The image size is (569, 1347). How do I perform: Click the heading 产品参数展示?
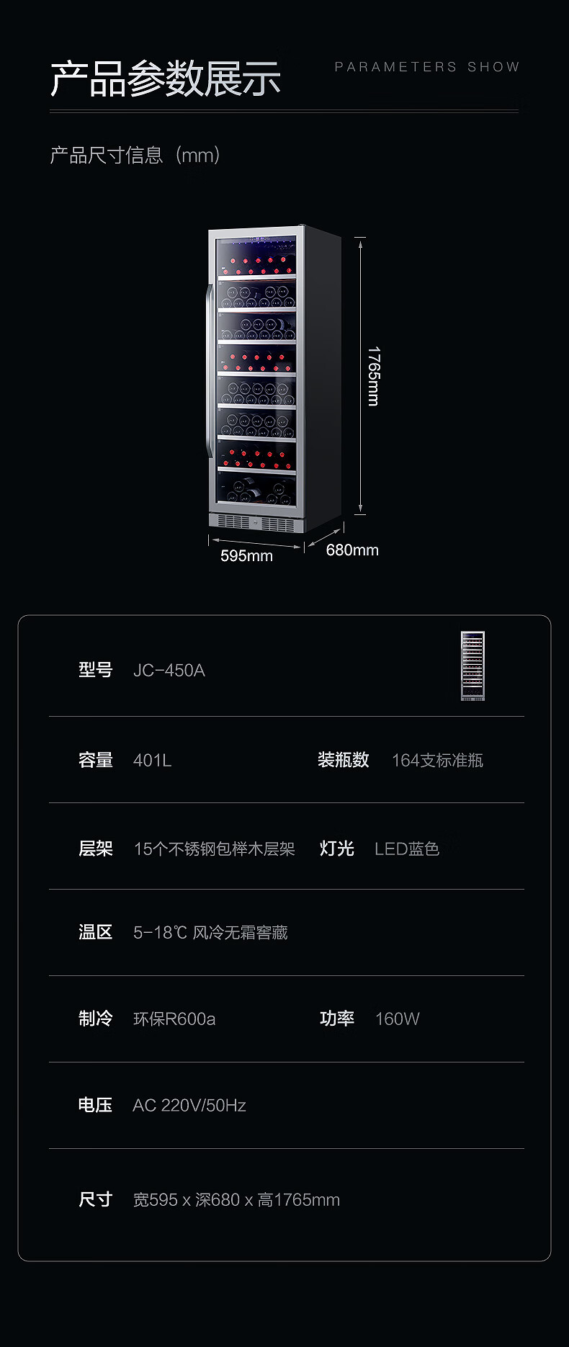pyautogui.click(x=165, y=79)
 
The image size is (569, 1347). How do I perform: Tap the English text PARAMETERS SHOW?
pyautogui.click(x=426, y=67)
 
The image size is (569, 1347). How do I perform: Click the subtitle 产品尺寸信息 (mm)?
pyautogui.click(x=135, y=155)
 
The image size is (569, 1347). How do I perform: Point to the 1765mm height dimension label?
pyautogui.click(x=373, y=376)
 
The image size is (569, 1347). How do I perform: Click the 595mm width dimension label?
pyautogui.click(x=246, y=555)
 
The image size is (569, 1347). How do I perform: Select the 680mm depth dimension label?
pyautogui.click(x=352, y=550)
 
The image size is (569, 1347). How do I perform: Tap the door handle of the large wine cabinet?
pyautogui.click(x=210, y=371)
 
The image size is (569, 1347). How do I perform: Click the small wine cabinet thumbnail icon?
pyautogui.click(x=472, y=666)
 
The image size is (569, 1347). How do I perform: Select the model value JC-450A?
pyautogui.click(x=169, y=671)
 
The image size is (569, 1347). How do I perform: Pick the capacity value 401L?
pyautogui.click(x=152, y=761)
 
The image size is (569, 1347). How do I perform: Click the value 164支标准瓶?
pyautogui.click(x=437, y=761)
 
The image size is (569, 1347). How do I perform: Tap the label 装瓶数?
pyautogui.click(x=343, y=760)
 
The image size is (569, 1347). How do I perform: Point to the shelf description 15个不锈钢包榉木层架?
pyautogui.click(x=215, y=849)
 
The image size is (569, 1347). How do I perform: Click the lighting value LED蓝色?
pyautogui.click(x=407, y=849)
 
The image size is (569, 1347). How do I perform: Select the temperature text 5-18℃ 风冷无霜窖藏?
pyautogui.click(x=210, y=933)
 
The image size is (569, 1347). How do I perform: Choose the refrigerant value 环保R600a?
pyautogui.click(x=174, y=1019)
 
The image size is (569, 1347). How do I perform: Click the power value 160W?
pyautogui.click(x=397, y=1019)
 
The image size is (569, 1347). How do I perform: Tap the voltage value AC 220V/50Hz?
pyautogui.click(x=189, y=1106)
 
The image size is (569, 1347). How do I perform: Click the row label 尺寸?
pyautogui.click(x=95, y=1199)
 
